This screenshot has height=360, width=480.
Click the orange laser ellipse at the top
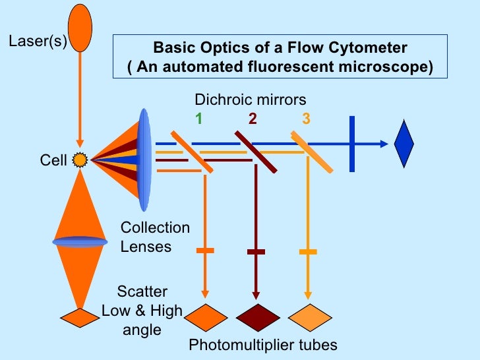click(x=80, y=27)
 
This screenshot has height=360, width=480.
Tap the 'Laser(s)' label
click(x=37, y=44)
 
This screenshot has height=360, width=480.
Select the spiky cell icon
click(x=80, y=159)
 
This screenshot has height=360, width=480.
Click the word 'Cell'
click(x=53, y=160)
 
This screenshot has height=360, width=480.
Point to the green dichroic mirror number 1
click(x=198, y=119)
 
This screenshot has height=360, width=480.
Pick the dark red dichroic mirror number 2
click(x=253, y=119)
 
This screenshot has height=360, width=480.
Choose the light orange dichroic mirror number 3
click(x=306, y=119)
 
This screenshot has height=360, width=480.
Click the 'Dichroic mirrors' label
click(x=250, y=100)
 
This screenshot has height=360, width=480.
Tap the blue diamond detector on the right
click(x=404, y=143)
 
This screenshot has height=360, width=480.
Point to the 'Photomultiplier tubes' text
click(x=263, y=345)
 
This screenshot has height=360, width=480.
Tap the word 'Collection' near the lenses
click(x=155, y=227)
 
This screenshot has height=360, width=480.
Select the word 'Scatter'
click(x=142, y=291)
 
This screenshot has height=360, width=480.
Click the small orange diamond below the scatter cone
click(x=80, y=317)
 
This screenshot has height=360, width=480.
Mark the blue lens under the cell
click(x=80, y=241)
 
